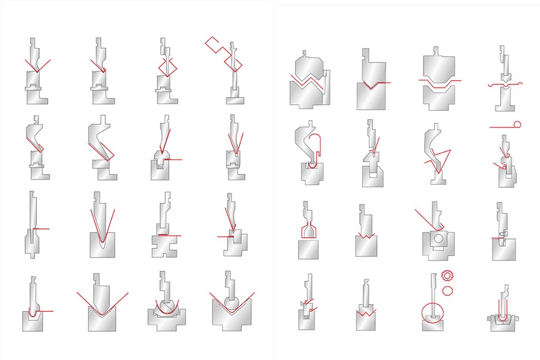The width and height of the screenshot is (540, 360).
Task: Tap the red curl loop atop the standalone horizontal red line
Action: coord(517,124)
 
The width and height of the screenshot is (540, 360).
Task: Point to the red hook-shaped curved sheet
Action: coord(316,144)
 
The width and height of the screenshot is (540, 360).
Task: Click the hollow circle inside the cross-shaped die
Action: coord(438,239)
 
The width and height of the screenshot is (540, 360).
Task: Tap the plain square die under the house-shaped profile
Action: coord(308,249)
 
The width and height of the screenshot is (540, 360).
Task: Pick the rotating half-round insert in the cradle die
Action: coord(165,305)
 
